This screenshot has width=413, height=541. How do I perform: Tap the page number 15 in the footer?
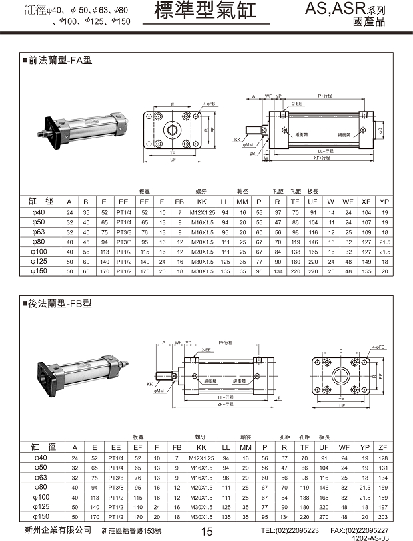coord(206,530)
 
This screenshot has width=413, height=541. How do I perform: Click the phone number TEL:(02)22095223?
coord(290,530)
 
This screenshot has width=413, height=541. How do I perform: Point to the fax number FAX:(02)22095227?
coord(360,530)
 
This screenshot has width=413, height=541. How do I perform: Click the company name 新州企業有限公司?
coord(57,530)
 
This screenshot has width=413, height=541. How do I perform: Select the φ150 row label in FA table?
coord(38,271)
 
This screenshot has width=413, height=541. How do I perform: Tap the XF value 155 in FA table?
coord(366,271)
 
